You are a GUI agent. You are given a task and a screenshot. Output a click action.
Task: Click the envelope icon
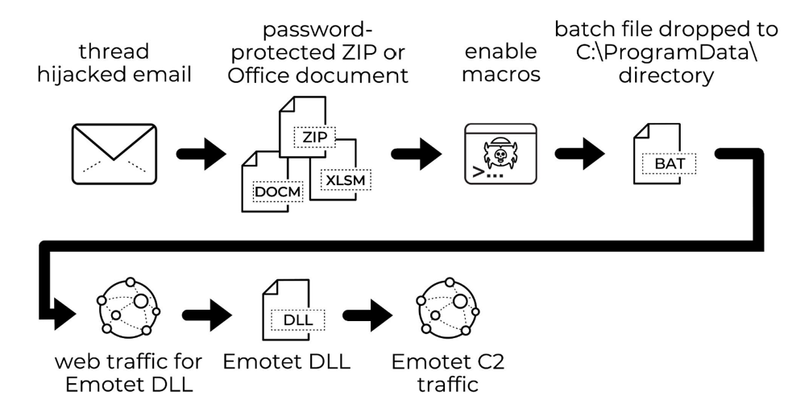113,152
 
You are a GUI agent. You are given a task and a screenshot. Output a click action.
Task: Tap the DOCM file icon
265,183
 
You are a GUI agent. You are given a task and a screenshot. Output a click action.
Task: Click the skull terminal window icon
500,153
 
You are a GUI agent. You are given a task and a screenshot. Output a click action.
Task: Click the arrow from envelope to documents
201,153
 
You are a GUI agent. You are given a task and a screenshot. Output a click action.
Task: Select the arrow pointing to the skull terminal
416,153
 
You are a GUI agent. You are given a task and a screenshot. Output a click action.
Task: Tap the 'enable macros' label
500,64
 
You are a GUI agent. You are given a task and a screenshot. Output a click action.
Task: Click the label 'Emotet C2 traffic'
447,372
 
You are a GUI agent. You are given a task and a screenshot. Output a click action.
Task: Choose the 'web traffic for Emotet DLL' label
128,372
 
